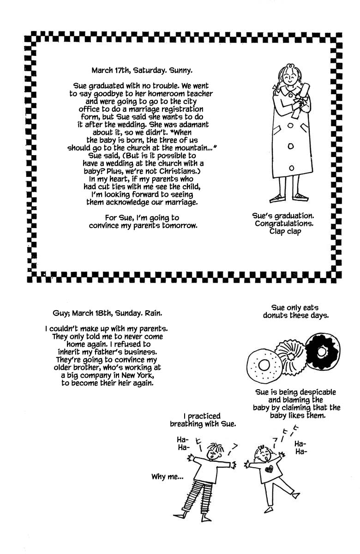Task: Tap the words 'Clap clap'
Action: click(x=285, y=231)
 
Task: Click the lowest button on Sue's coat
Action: click(x=291, y=168)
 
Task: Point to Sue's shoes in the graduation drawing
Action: click(x=288, y=198)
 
